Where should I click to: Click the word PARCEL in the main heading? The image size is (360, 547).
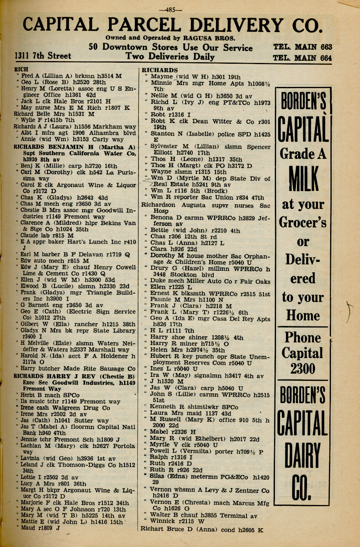tap(143, 25)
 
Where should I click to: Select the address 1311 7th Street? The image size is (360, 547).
tap(43, 56)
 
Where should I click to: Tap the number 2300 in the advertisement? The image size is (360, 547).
tap(303, 368)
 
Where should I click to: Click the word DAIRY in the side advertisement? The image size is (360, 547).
tap(303, 456)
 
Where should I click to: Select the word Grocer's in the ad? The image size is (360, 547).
tap(303, 222)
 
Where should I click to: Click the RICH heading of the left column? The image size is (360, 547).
tap(21, 69)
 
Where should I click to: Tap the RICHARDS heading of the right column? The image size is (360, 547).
tap(160, 70)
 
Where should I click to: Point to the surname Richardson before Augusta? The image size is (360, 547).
tap(158, 205)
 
